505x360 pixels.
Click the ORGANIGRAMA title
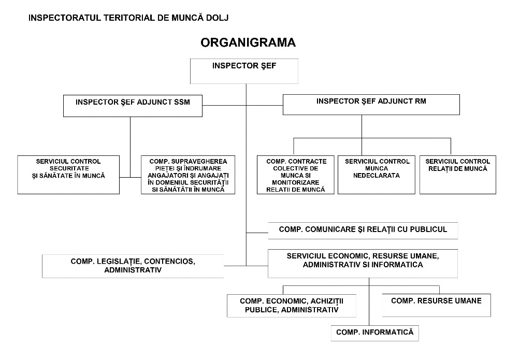tap(248, 42)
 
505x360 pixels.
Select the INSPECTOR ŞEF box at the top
tap(244, 71)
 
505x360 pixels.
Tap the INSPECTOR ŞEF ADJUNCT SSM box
tap(133, 106)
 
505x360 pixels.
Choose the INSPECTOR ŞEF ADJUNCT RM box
tap(371, 105)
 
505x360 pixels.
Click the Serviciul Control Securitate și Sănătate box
tap(68, 175)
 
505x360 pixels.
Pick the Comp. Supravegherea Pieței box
tap(188, 175)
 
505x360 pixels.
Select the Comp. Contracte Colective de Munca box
tap(296, 175)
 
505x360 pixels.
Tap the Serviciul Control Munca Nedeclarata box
tap(377, 175)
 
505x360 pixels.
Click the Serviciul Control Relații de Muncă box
tap(458, 175)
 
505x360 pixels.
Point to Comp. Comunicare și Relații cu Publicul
tap(363, 231)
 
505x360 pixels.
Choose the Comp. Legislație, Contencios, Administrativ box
tap(133, 266)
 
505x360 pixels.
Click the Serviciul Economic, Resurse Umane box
tap(363, 264)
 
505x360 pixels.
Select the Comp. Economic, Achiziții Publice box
tap(292, 306)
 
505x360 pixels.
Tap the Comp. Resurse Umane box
tap(437, 305)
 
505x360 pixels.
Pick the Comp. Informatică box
tap(375, 333)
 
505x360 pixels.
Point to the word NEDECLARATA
tap(377, 176)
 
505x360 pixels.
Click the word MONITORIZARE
tap(295, 182)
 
